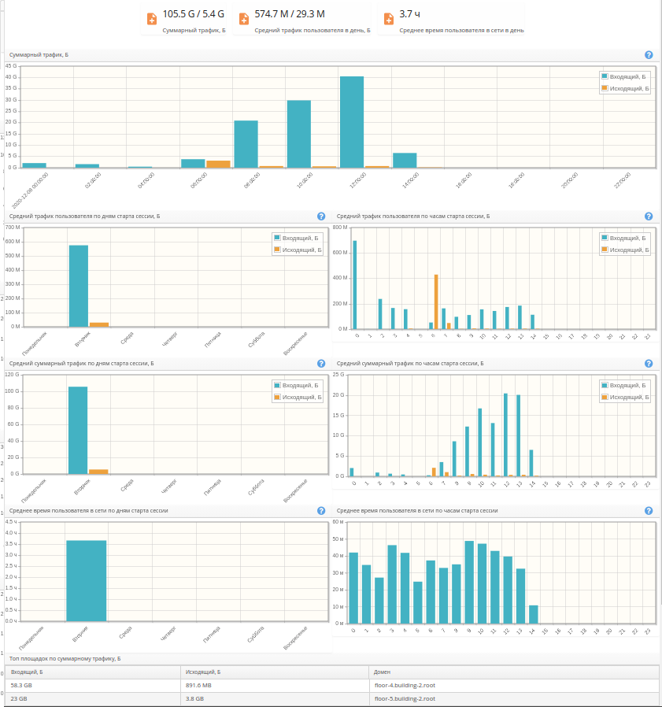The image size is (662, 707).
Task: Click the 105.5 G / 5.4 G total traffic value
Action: [193, 14]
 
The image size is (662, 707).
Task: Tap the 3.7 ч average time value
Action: [409, 14]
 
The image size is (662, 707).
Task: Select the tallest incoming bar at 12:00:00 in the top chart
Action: [352, 121]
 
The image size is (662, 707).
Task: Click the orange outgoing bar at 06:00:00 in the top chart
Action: [218, 164]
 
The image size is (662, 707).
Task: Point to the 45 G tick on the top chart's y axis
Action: [11, 66]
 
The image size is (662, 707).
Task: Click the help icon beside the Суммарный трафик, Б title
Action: [649, 55]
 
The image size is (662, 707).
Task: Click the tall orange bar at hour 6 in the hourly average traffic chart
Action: [436, 302]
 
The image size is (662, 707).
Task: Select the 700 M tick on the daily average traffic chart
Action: [12, 228]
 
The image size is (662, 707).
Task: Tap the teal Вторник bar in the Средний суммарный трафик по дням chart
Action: [79, 430]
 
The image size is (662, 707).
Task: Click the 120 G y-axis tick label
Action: [12, 375]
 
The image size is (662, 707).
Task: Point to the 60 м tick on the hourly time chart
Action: [338, 521]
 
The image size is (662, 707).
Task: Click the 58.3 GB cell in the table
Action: [22, 685]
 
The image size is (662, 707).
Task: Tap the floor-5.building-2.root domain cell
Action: [405, 698]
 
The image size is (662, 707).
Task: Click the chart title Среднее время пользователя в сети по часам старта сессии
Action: [417, 510]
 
